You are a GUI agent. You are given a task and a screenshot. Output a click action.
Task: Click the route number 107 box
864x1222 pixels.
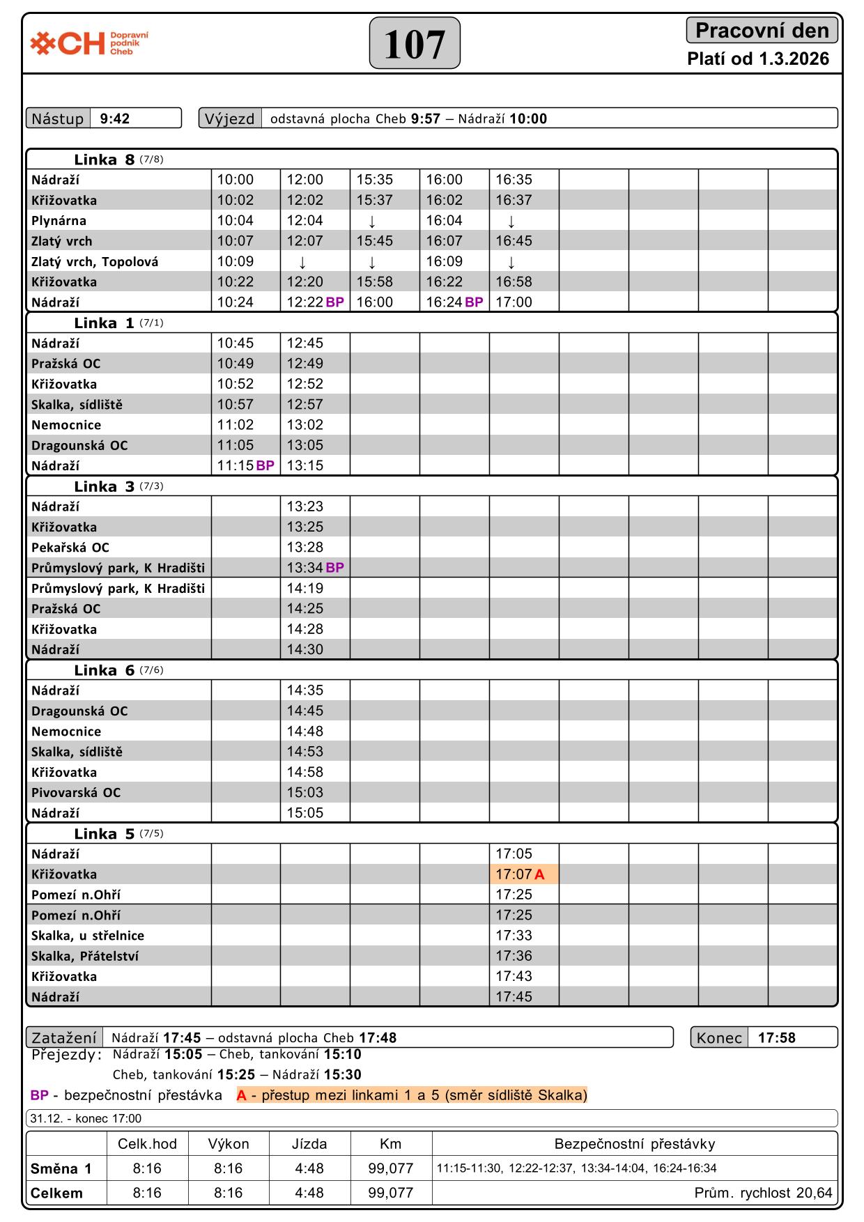coord(415,43)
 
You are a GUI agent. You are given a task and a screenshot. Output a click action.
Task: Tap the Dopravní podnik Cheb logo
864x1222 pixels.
coord(89,43)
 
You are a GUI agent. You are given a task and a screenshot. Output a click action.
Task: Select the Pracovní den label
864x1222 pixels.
coord(762,31)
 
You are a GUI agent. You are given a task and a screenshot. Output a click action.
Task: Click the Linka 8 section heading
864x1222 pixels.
coord(105,160)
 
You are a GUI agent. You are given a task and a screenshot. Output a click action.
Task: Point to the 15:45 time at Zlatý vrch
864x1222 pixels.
coord(375,241)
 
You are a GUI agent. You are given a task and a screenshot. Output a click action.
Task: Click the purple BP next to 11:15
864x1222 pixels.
coord(265,466)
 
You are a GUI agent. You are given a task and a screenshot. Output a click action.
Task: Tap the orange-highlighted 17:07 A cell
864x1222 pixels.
coord(523,874)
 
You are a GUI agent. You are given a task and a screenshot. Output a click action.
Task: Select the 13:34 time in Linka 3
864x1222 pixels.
coord(305,568)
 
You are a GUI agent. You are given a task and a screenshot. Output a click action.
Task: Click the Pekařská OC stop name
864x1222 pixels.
coord(70,548)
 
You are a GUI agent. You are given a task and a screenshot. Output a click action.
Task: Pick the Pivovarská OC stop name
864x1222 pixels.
coord(76,792)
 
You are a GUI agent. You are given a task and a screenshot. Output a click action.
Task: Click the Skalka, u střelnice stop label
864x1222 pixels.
coord(88,936)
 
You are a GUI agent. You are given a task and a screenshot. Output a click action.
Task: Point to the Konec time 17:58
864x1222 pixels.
coord(777,1037)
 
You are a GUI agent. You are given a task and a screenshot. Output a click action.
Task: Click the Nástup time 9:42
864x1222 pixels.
coord(115,118)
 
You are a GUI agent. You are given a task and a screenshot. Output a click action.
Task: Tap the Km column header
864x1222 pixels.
coord(390,1143)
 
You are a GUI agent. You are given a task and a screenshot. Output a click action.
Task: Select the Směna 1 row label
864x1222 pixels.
coord(61,1168)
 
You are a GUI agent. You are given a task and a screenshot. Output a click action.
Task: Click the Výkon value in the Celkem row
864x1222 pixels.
coord(228,1193)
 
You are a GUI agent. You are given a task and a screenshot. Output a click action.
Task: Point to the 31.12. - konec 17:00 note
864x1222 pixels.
coord(86,1118)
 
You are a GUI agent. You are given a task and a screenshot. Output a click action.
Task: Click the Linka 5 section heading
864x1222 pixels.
coord(105,834)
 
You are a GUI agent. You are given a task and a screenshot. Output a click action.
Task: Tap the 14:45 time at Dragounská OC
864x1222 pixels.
coord(305,711)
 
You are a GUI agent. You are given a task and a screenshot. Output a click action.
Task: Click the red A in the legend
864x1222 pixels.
coord(242,1095)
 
